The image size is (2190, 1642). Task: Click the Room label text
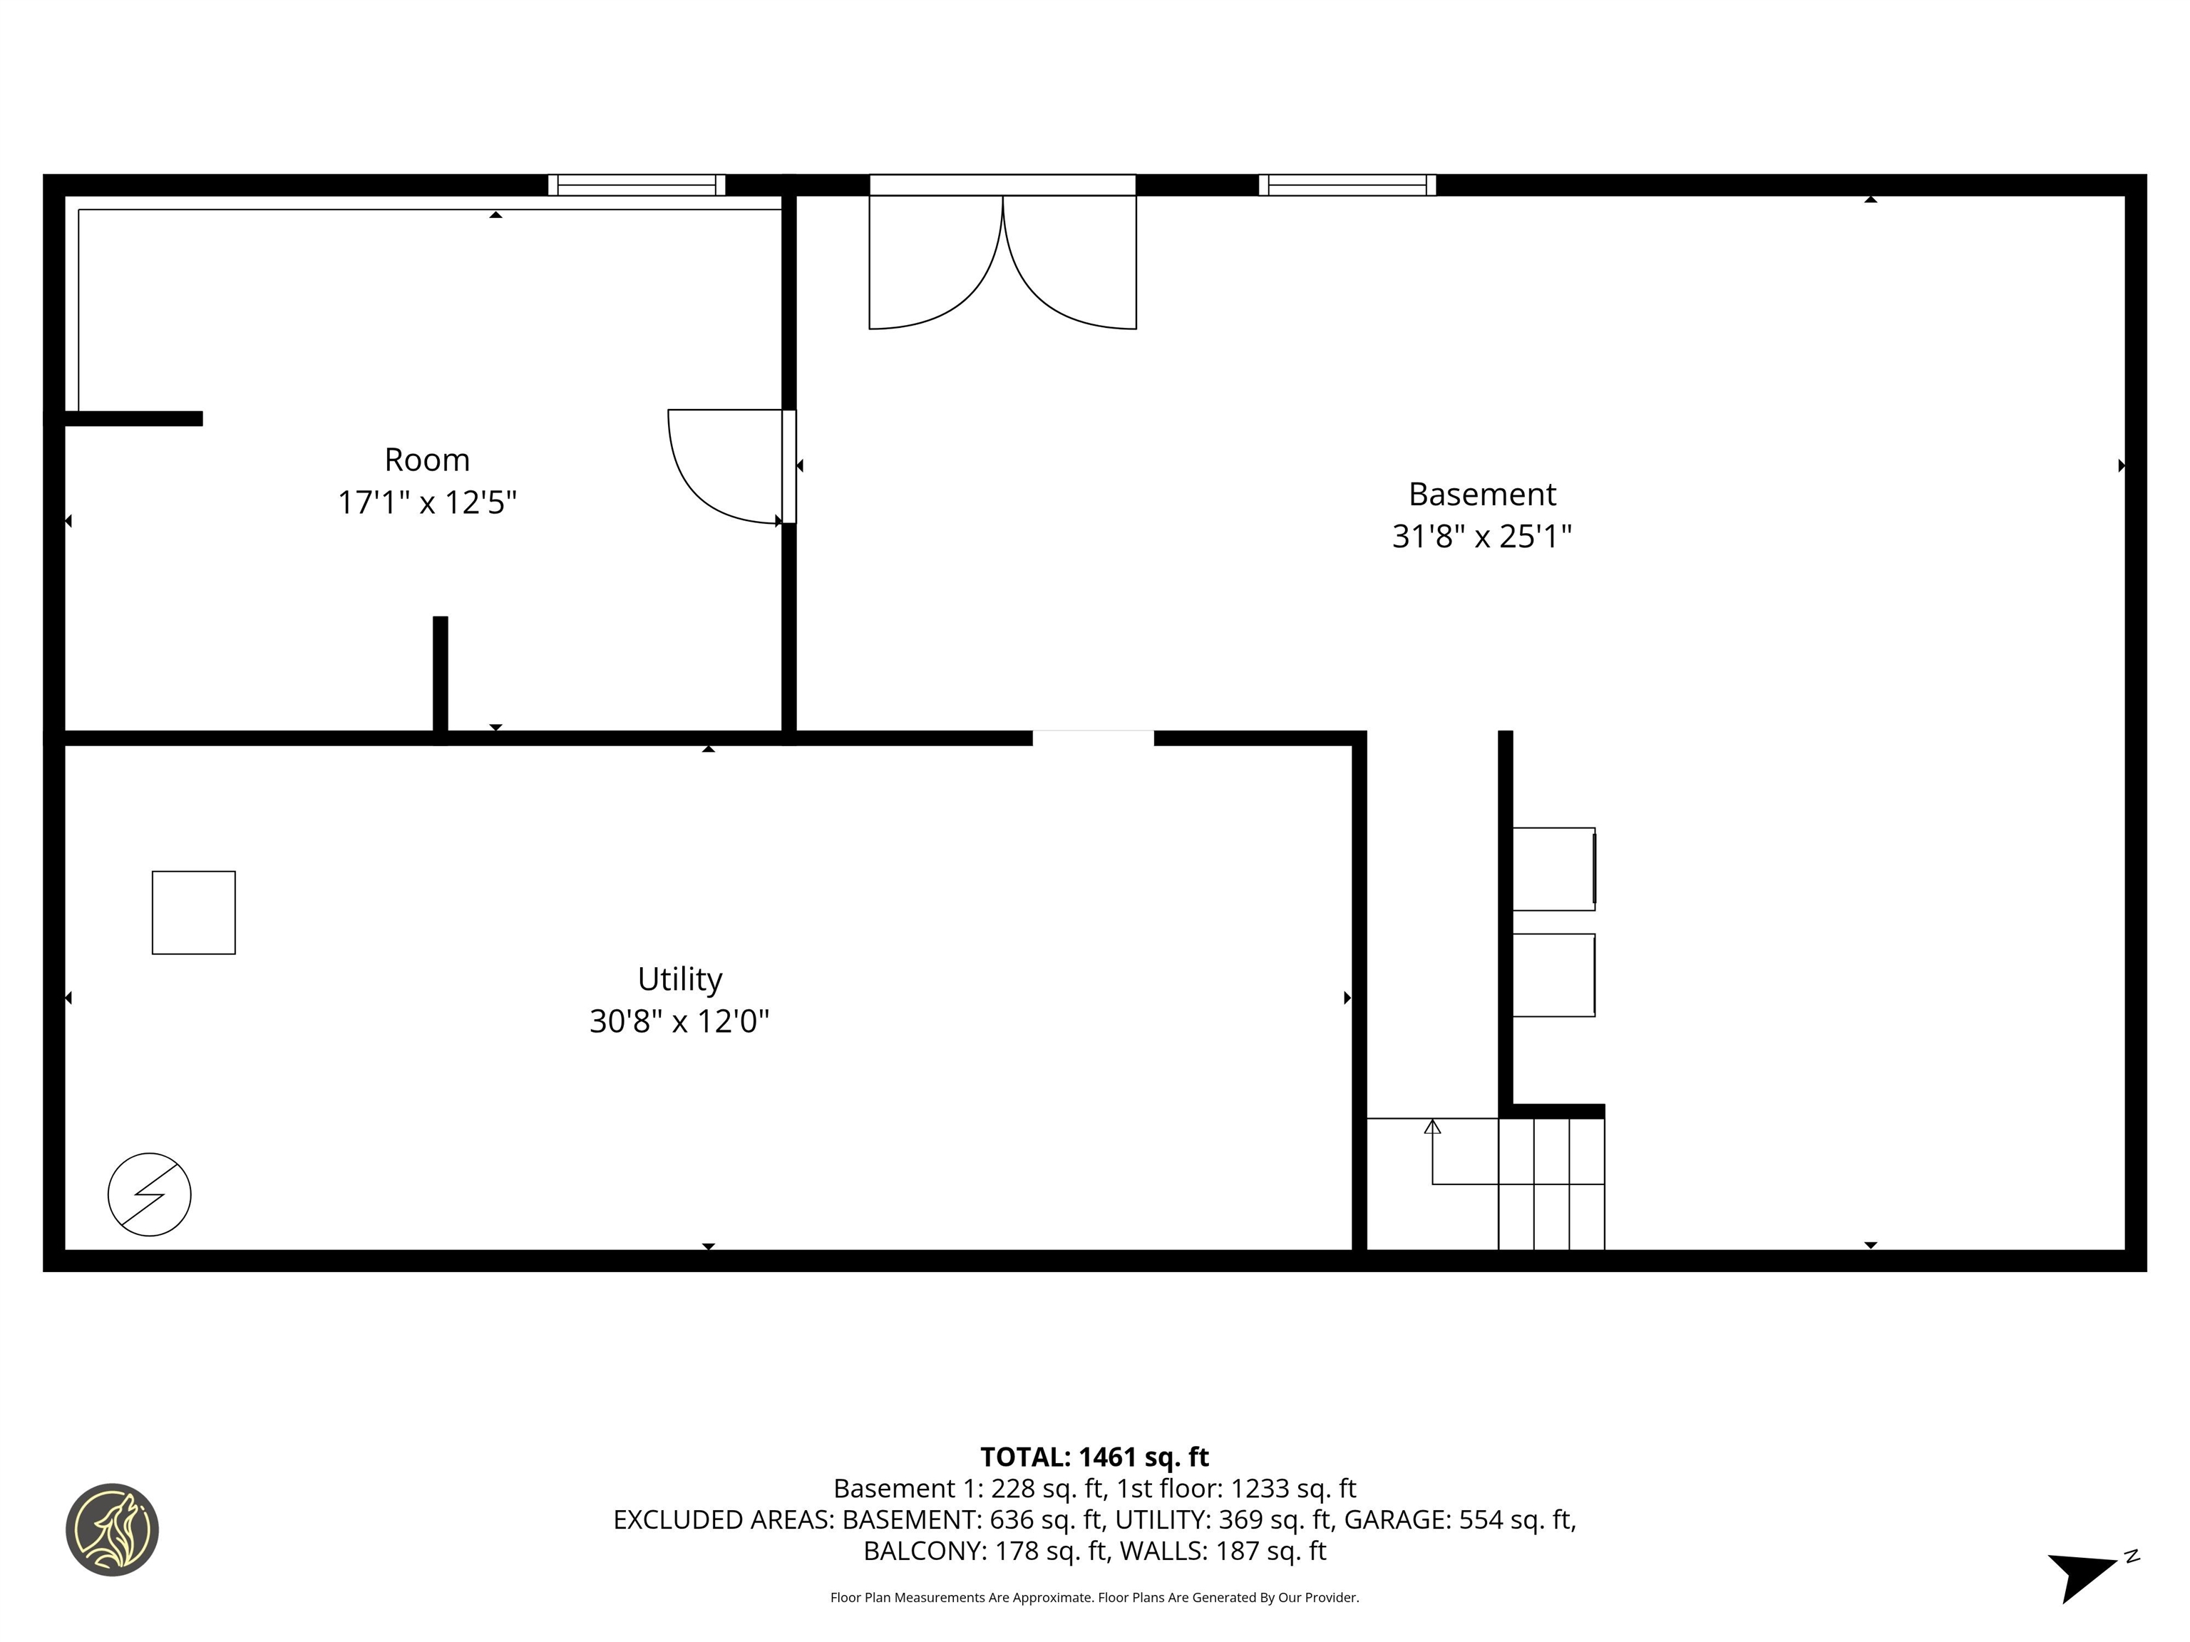[427, 460]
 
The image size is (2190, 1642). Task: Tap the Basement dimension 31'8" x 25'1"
[1481, 537]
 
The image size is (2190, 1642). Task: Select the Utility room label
[679, 979]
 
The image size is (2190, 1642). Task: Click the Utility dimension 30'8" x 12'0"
[679, 1021]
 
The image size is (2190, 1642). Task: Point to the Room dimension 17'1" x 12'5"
[427, 503]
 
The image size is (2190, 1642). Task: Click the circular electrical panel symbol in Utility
[150, 1194]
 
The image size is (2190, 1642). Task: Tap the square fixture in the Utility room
[194, 912]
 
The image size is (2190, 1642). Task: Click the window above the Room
[637, 185]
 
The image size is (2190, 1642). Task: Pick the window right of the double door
[1347, 185]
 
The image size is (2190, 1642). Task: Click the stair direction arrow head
[1433, 1126]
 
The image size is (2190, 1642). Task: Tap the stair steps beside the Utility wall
[1551, 1184]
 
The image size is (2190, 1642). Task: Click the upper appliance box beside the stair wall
[1553, 869]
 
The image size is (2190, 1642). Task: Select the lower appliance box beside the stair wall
[1553, 975]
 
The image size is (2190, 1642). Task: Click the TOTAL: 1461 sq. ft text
[1094, 1457]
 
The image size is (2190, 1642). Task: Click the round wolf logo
[113, 1529]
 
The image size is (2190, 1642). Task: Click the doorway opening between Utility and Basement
[1093, 738]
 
